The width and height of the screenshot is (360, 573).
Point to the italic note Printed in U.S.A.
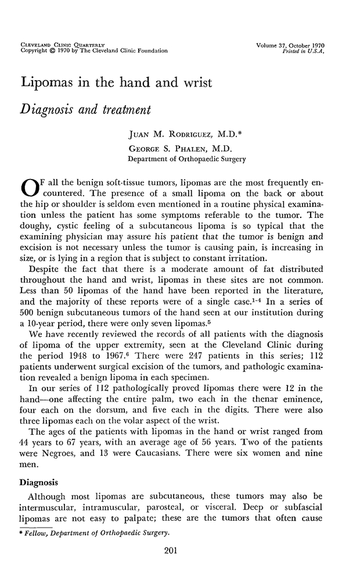(x=303, y=51)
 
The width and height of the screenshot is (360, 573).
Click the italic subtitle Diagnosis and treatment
(x=86, y=110)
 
